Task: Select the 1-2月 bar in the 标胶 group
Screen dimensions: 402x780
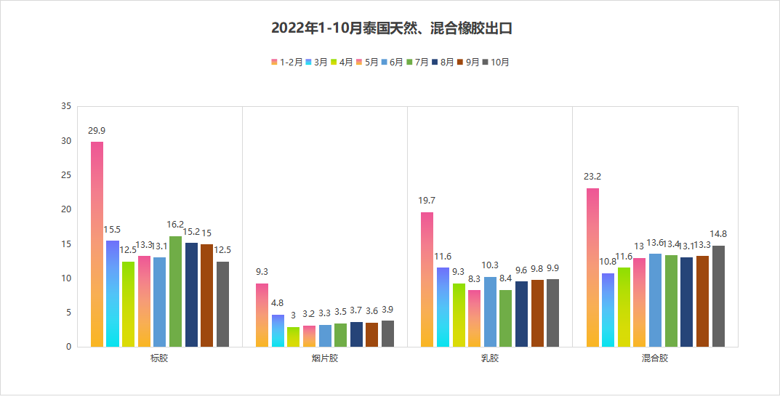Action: (97, 244)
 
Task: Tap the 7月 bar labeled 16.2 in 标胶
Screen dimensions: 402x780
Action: (175, 291)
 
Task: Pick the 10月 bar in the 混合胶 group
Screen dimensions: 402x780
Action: (718, 296)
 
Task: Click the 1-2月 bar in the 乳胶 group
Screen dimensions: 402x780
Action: (427, 279)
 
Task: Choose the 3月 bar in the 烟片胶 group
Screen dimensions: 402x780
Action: (278, 330)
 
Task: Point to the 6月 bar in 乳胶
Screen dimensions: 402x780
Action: (490, 311)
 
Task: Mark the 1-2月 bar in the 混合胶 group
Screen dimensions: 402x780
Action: (592, 267)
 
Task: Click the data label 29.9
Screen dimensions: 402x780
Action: (97, 131)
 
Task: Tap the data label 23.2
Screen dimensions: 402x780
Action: (592, 176)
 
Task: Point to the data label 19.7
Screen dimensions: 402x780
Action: (427, 200)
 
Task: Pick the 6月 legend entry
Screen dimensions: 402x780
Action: (393, 63)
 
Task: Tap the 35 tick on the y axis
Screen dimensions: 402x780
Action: (65, 107)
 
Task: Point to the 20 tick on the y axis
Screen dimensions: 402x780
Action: (65, 209)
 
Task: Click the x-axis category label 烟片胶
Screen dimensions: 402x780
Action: (324, 358)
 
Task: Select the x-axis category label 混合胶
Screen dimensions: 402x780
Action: (655, 358)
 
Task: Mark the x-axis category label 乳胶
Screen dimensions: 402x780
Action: (490, 358)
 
